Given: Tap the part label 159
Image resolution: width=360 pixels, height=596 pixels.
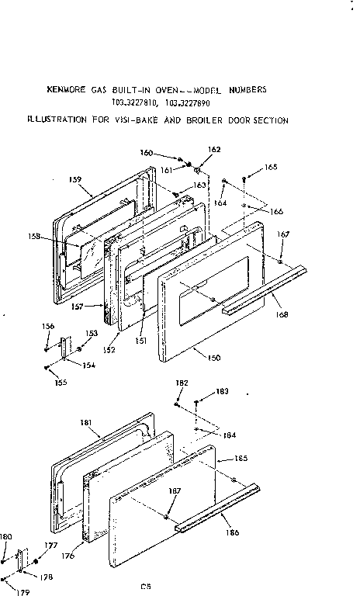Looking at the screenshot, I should (74, 179).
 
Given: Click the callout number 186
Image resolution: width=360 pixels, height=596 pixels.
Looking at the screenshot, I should (233, 533).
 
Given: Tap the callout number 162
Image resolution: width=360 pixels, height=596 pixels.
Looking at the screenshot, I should (215, 149).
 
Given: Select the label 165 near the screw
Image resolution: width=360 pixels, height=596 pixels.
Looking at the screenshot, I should (270, 167).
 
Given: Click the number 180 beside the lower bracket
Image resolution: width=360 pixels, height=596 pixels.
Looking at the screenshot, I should (6, 536).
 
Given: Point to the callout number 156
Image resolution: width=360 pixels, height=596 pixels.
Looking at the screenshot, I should (47, 326).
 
